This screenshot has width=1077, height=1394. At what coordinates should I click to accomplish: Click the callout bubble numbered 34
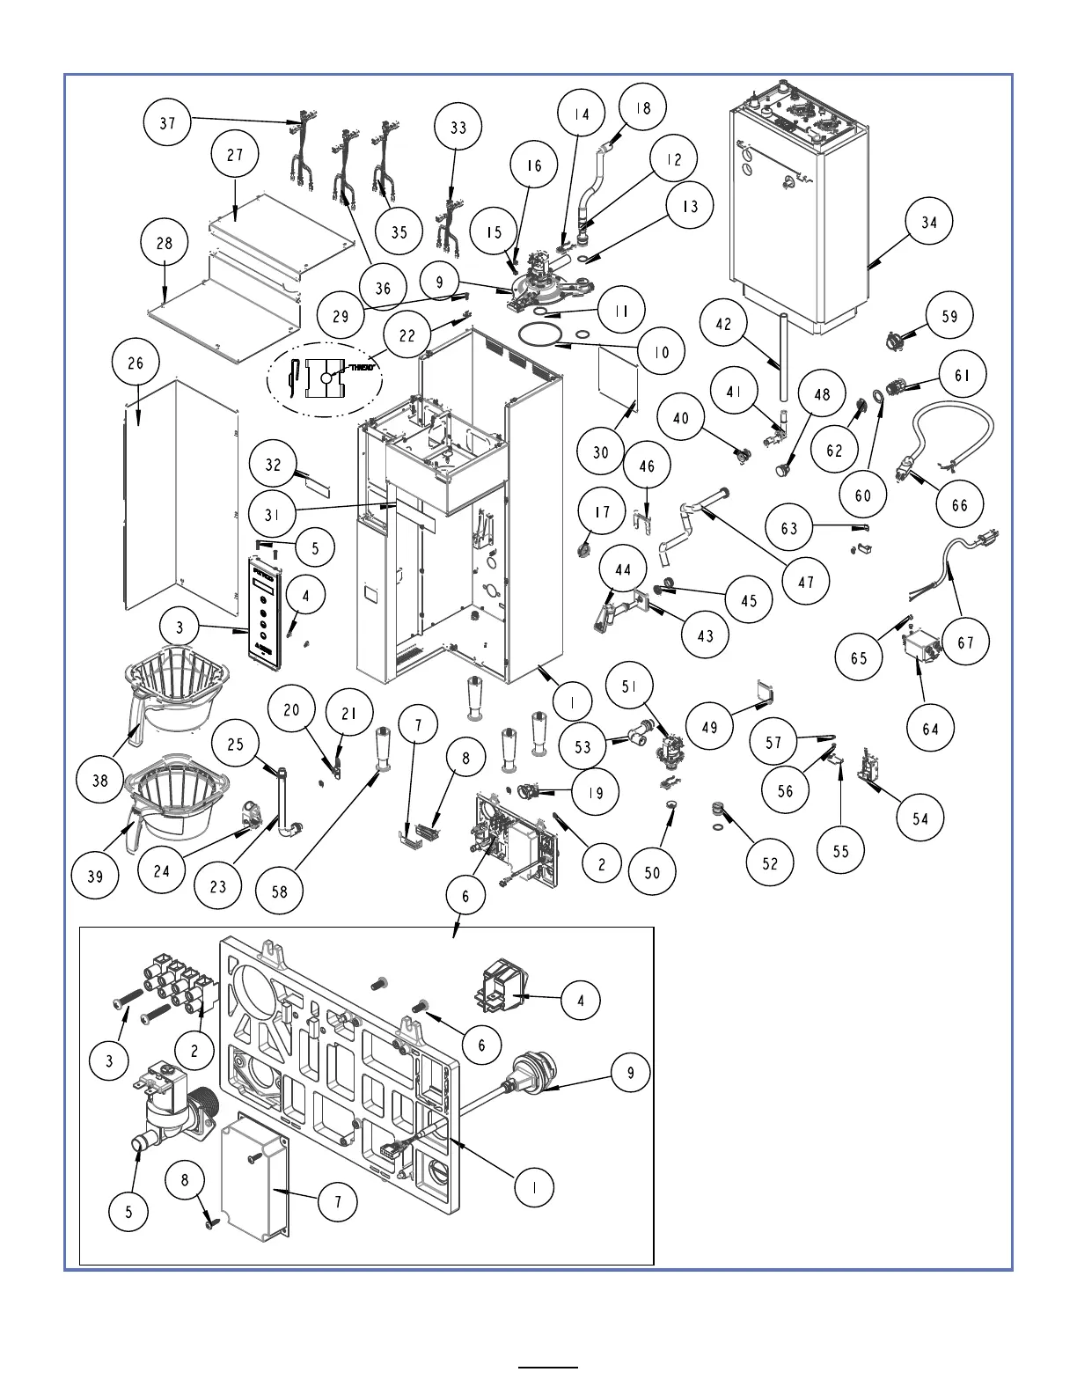[929, 222]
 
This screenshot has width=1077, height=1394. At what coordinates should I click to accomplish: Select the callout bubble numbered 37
[168, 123]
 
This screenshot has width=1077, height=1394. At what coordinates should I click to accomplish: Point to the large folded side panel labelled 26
[180, 497]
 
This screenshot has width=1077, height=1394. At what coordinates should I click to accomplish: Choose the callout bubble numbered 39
[95, 876]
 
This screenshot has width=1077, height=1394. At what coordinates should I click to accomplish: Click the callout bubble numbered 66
[959, 504]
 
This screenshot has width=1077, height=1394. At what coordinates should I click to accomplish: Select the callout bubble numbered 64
[931, 728]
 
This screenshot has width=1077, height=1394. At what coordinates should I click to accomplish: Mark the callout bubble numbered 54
[919, 818]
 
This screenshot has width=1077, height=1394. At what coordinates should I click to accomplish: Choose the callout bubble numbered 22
[407, 336]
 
